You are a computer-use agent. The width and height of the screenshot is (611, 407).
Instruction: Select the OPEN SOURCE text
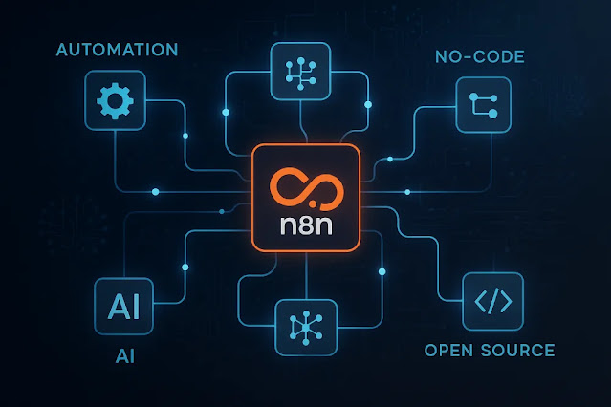click(490, 350)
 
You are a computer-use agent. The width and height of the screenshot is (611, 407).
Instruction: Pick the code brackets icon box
click(492, 302)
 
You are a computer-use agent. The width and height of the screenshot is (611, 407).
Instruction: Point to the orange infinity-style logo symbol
click(306, 191)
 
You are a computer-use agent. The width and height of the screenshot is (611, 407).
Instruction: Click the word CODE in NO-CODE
click(502, 57)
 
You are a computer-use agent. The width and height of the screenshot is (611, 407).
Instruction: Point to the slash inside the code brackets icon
click(492, 302)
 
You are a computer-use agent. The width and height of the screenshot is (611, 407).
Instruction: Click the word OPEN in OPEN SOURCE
click(446, 350)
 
